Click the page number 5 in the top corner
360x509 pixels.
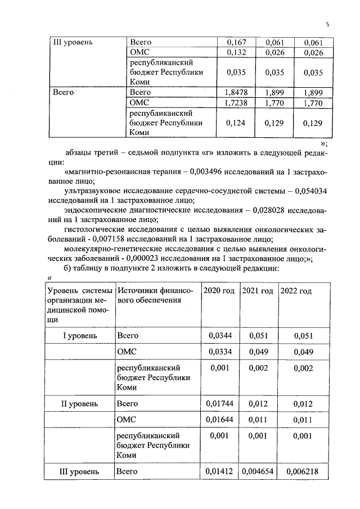[326, 24]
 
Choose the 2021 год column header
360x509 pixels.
[258, 291]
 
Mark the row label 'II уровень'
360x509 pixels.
[79, 403]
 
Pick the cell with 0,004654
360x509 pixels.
[258, 471]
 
